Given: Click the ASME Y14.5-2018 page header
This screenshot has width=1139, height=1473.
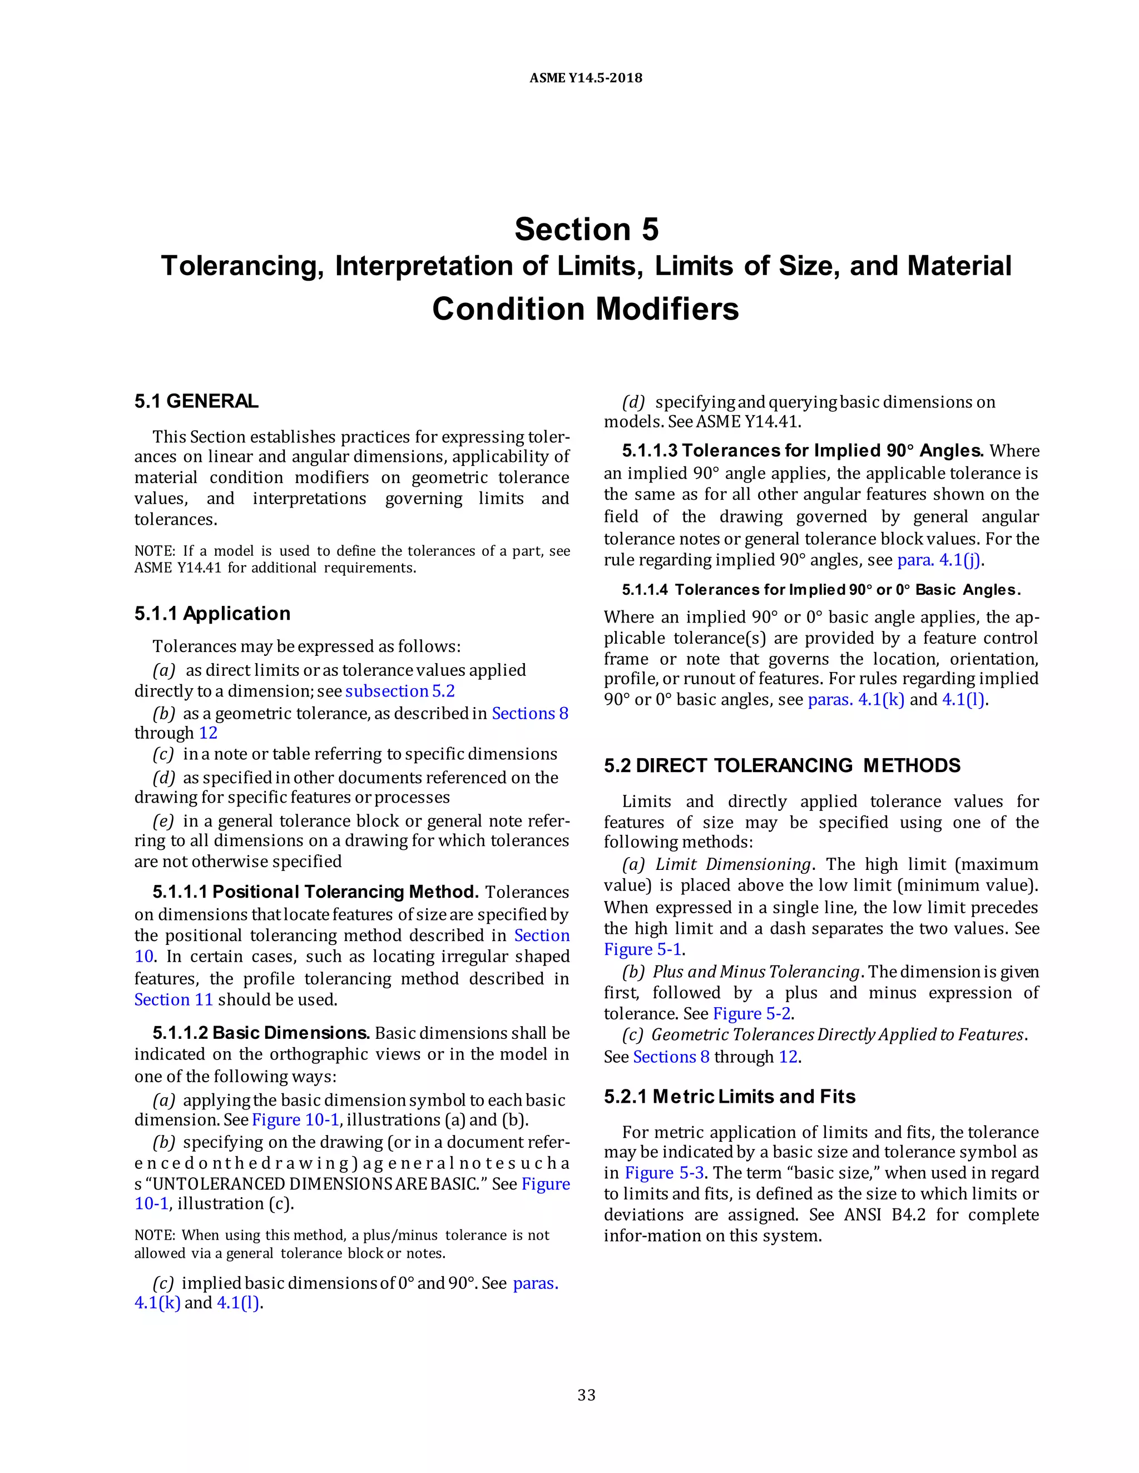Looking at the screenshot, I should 585,78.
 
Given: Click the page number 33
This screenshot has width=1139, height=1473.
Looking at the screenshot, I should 586,1395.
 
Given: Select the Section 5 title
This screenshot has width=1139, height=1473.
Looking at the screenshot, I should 586,230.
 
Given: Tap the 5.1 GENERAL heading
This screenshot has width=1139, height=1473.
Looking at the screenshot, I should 196,401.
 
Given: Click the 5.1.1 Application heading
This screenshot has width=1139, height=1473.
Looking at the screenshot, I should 212,614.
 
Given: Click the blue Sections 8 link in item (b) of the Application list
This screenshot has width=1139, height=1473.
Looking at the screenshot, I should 529,713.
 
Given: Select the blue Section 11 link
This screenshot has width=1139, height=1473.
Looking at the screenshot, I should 174,999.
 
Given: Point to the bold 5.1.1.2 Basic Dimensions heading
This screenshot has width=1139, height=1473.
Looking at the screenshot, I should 260,1033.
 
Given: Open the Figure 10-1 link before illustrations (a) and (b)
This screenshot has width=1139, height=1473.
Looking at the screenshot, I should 295,1119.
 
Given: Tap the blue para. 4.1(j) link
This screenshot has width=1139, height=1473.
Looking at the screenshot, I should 938,560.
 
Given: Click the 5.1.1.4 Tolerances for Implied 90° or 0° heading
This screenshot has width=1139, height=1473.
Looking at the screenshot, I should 820,590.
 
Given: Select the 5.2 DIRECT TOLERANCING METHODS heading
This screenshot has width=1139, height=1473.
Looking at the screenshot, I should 781,765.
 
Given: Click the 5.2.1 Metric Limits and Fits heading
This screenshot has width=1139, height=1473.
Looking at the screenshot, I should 730,1097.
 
